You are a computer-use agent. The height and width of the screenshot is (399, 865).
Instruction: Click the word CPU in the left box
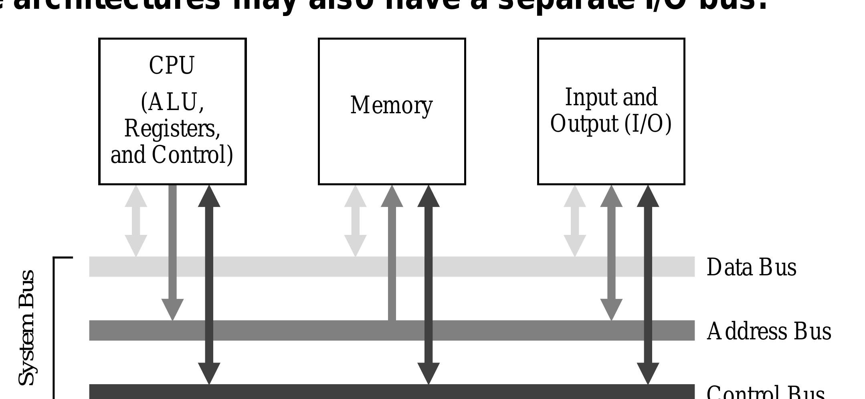click(x=172, y=66)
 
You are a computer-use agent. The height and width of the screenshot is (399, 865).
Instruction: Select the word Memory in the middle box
click(x=391, y=105)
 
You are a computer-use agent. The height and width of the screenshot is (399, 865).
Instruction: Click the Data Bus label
click(x=751, y=267)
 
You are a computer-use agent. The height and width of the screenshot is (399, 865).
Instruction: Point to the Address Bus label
click(x=768, y=331)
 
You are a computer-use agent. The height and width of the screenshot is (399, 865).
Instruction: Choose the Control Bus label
click(x=765, y=393)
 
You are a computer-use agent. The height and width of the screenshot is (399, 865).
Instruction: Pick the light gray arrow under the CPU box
click(x=136, y=221)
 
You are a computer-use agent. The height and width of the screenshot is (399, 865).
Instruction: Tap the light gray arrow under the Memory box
click(x=356, y=221)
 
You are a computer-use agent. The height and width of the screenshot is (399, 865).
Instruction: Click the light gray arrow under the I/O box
click(x=575, y=221)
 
